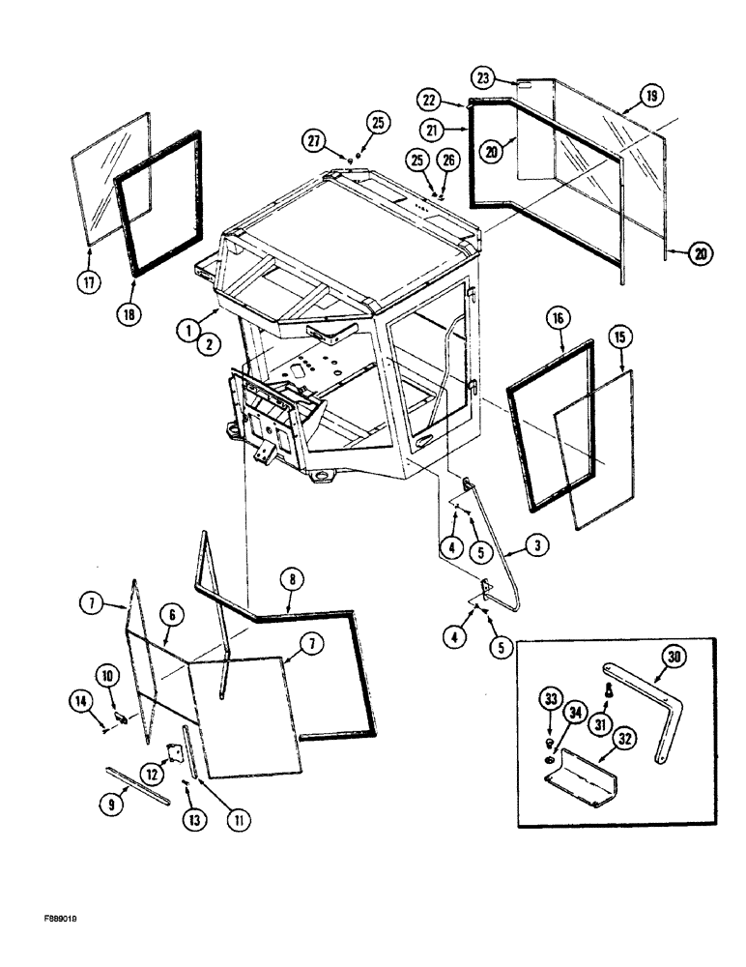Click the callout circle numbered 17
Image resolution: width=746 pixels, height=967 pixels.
point(89,285)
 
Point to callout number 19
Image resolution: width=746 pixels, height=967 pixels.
point(651,96)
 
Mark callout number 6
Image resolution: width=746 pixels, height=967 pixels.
point(169,614)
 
